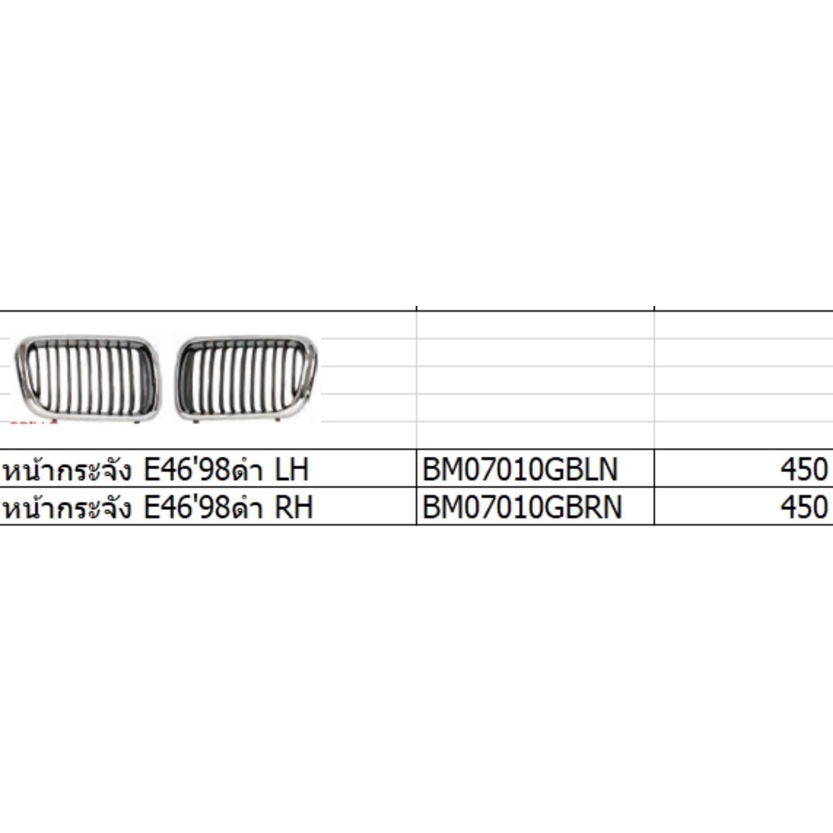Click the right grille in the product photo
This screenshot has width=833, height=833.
[x=247, y=376]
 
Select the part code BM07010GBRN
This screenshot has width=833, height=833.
[x=522, y=507]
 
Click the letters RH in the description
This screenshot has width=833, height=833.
[x=294, y=507]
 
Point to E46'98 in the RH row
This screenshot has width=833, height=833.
[x=183, y=507]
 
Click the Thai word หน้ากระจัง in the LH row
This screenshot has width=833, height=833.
[x=70, y=470]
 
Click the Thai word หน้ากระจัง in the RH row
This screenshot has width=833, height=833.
[x=70, y=508]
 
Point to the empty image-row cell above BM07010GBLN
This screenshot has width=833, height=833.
[x=534, y=379]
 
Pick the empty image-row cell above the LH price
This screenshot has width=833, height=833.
[x=743, y=379]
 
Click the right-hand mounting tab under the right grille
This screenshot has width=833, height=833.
[x=279, y=418]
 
